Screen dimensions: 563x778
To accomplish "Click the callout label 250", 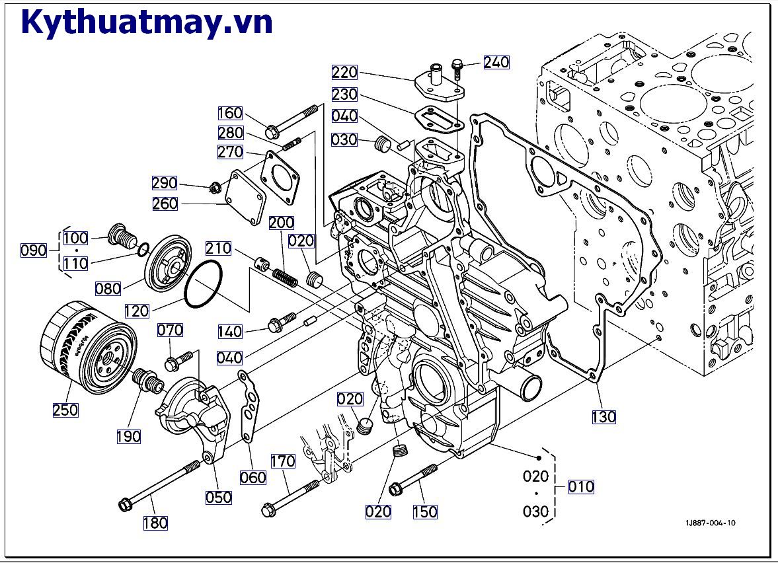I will tap(65, 410).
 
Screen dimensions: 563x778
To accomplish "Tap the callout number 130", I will tap(603, 416).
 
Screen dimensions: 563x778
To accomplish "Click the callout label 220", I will tap(344, 72).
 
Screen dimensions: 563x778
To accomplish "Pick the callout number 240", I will tap(496, 62).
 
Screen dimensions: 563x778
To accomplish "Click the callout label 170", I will tap(282, 461).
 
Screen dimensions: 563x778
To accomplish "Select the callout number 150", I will tap(425, 511).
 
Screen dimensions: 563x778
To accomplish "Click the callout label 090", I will tap(34, 250).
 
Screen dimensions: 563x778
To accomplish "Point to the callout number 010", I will tap(581, 487).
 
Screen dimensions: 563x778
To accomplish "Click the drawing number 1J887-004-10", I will tap(710, 523).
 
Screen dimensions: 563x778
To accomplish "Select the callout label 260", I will tap(165, 204).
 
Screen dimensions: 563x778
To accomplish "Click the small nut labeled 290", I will tap(214, 188).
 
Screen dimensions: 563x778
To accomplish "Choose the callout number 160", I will tap(230, 113).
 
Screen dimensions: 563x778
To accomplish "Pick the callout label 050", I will tap(218, 497).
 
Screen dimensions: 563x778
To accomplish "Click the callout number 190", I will tap(128, 436).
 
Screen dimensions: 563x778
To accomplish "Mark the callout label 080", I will tap(108, 288).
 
